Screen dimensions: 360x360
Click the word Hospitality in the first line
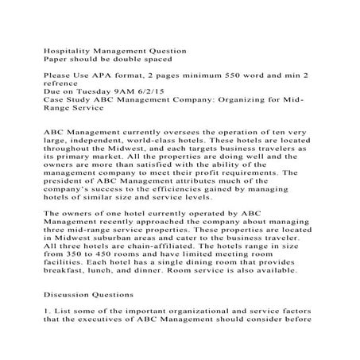(66, 52)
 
